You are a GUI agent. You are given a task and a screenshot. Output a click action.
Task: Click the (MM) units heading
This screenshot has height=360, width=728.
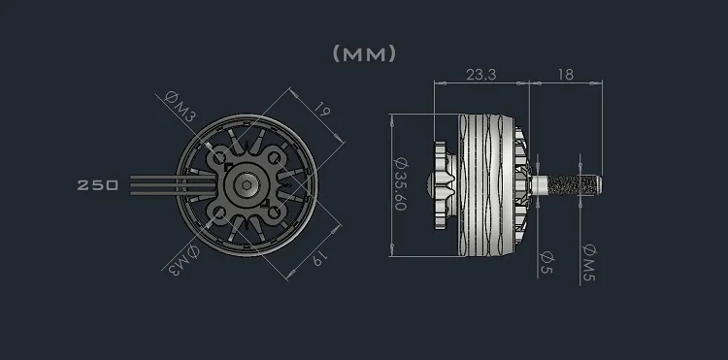(364, 53)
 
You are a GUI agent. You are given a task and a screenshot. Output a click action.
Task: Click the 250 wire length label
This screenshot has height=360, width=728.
(97, 185)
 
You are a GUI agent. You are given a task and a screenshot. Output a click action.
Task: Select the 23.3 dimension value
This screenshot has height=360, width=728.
(481, 73)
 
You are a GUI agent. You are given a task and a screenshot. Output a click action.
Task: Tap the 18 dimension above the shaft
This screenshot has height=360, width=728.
(567, 73)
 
